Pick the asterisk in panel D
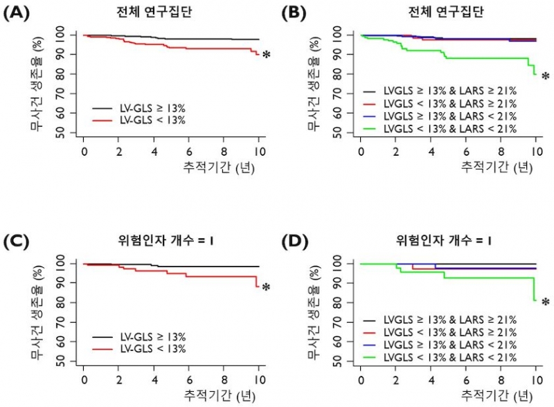[x=545, y=302]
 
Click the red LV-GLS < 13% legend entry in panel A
[x=145, y=120]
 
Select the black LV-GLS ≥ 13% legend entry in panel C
[x=145, y=337]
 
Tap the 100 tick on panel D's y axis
[x=336, y=264]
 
